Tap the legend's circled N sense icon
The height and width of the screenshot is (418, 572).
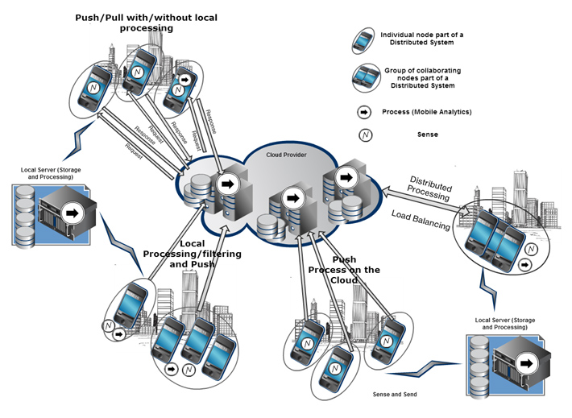[366, 135]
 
